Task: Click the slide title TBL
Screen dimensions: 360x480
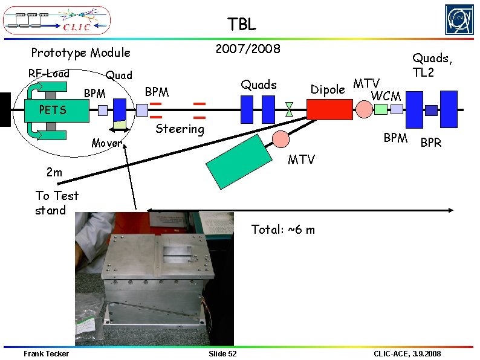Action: (242, 24)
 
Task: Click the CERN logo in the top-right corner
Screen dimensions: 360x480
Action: (459, 20)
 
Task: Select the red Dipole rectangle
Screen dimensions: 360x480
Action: (329, 109)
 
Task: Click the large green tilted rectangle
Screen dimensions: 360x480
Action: (240, 159)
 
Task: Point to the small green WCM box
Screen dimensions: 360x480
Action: (380, 109)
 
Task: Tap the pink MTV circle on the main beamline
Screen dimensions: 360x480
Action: (364, 109)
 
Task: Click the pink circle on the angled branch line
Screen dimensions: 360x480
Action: (281, 139)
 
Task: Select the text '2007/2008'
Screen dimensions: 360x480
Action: (248, 49)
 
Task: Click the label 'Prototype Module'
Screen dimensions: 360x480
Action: (80, 53)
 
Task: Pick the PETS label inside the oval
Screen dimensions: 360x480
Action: (53, 111)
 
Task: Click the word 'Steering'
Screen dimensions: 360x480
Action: (180, 129)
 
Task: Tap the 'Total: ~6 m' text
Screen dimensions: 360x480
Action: (282, 230)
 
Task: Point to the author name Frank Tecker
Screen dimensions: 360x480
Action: (46, 353)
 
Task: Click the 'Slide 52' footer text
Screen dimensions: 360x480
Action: (222, 353)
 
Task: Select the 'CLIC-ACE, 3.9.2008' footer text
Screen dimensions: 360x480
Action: (407, 353)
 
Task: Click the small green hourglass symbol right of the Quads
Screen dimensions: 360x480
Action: (289, 109)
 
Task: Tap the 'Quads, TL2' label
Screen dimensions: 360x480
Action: (432, 65)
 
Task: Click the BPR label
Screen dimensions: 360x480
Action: (431, 143)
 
